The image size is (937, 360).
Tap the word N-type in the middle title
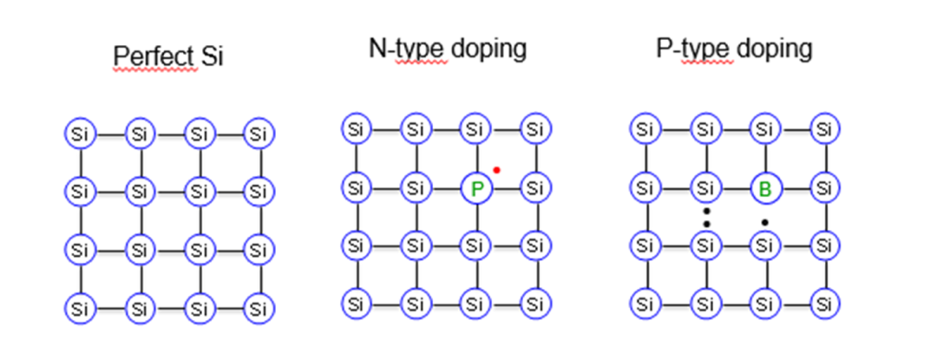[x=407, y=49]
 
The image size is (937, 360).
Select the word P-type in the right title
[x=694, y=49]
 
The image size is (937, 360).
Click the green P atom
[x=476, y=188]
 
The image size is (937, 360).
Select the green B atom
[x=765, y=188]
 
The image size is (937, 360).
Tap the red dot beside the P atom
[x=496, y=170]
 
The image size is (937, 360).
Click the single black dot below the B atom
[x=765, y=223]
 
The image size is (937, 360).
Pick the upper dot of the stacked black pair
[x=706, y=211]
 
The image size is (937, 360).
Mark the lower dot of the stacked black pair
[x=706, y=224]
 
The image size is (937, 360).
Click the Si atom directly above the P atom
[x=475, y=128]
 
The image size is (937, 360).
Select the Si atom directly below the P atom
[x=475, y=245]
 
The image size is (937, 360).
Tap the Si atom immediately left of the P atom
[x=415, y=188]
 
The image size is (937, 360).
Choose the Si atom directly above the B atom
[x=764, y=128]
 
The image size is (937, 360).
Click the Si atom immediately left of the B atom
[x=705, y=188]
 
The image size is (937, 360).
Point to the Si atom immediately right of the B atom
[x=825, y=188]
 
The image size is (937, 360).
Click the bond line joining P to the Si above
[x=476, y=159]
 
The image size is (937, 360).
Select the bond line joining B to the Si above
[x=765, y=159]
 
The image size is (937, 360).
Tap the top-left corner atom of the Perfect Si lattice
[x=80, y=134]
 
